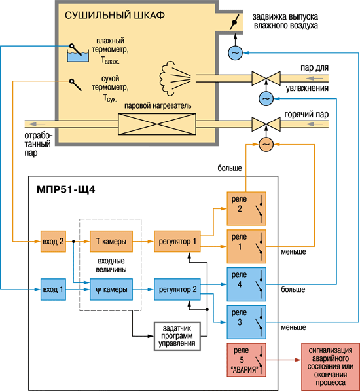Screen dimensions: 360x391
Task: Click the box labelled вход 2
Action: coord(53,242)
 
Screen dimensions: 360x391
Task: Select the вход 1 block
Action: coord(53,289)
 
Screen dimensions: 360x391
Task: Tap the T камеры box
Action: coord(111,242)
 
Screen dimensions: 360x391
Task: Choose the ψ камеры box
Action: coord(111,289)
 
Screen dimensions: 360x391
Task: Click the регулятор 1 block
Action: coord(177,242)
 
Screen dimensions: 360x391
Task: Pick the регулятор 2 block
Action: coord(177,289)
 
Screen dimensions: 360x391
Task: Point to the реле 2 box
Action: coord(246,208)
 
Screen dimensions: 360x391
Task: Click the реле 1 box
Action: coord(246,246)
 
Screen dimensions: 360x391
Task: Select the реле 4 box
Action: coord(246,284)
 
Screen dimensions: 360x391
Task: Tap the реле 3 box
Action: coord(246,322)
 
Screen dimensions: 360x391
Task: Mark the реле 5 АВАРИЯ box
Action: coord(246,360)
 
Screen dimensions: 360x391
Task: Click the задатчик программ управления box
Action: coord(177,336)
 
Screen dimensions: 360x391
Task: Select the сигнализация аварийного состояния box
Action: coord(331,367)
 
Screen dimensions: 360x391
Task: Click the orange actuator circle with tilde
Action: coord(266,144)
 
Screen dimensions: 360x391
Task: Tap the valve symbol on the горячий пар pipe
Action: coord(266,124)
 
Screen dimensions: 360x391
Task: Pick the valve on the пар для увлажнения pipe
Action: coord(266,79)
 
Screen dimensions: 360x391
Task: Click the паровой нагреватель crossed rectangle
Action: coord(157,124)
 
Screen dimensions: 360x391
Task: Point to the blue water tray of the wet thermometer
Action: coord(78,57)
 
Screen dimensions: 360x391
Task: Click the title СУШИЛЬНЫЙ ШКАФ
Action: coord(115,15)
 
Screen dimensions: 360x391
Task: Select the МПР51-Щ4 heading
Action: coord(66,190)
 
